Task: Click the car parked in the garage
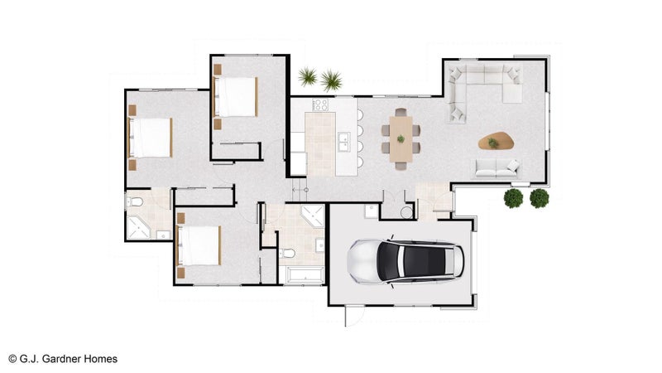tap(405, 261)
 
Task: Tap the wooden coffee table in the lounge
tap(496, 141)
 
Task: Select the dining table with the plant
tap(401, 138)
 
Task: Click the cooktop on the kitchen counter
tap(319, 105)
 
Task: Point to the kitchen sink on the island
tap(343, 142)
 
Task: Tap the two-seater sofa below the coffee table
tap(497, 168)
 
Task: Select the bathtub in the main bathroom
tap(301, 274)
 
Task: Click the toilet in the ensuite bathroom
tap(135, 201)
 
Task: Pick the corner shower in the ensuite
tap(138, 228)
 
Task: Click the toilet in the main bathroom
tap(287, 254)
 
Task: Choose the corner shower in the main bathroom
tap(313, 216)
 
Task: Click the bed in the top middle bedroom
tap(236, 96)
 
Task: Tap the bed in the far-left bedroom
tap(150, 138)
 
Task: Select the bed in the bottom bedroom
tap(199, 245)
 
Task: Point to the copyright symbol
tap(12, 359)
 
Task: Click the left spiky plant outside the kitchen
tap(308, 76)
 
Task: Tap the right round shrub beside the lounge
tap(540, 198)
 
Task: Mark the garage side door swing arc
tap(359, 318)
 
